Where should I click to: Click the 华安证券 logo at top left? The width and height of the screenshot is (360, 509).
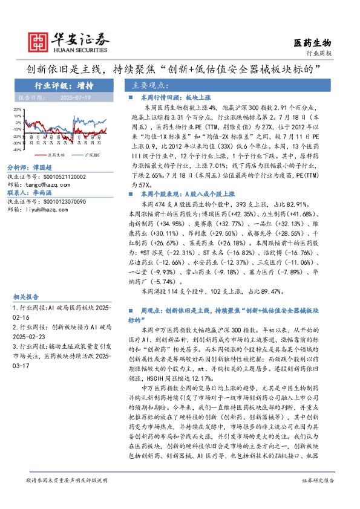[70, 41]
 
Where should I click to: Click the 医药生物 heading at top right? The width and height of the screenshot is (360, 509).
[312, 42]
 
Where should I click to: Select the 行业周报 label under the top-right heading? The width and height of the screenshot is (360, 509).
[319, 53]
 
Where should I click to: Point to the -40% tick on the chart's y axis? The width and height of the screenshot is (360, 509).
[18, 149]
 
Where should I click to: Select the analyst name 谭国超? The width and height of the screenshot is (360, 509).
[43, 167]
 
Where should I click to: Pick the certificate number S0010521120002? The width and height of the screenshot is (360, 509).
[62, 177]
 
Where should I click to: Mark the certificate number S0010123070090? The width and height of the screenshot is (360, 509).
[62, 201]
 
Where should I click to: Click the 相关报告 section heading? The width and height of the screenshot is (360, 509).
[26, 297]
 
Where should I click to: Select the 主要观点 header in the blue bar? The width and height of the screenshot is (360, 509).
[151, 85]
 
